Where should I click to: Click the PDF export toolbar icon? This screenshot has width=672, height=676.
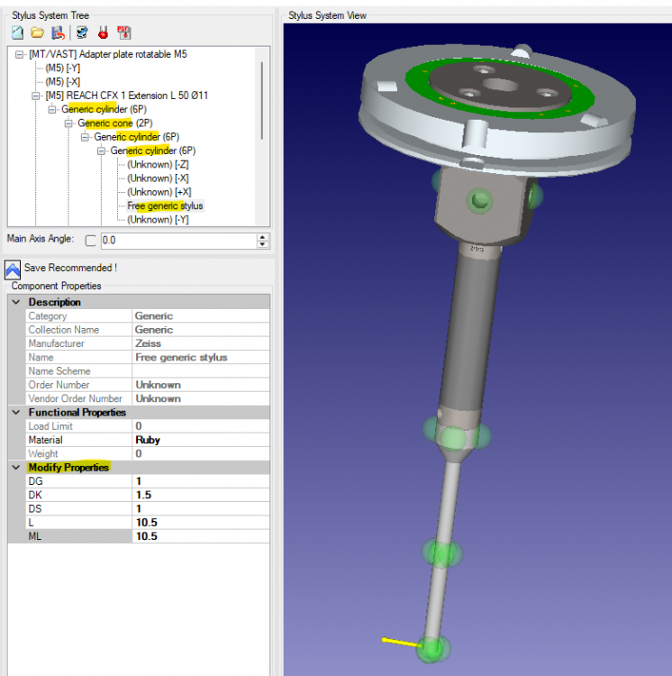(x=124, y=32)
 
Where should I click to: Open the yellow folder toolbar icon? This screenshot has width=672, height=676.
(x=38, y=32)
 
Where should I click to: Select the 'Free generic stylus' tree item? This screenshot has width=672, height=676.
(x=165, y=206)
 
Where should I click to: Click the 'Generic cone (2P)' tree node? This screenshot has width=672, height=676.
(x=115, y=123)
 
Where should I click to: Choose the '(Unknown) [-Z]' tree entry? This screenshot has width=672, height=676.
(x=158, y=164)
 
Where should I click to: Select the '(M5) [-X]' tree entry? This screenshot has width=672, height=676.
(x=63, y=81)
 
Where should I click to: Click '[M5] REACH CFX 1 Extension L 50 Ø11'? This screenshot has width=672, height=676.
(x=127, y=96)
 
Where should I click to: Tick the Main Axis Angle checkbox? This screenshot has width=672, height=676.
(x=90, y=241)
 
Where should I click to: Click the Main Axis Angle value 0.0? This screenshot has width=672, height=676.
(x=109, y=240)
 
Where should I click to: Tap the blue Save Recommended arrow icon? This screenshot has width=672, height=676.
(x=13, y=269)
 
